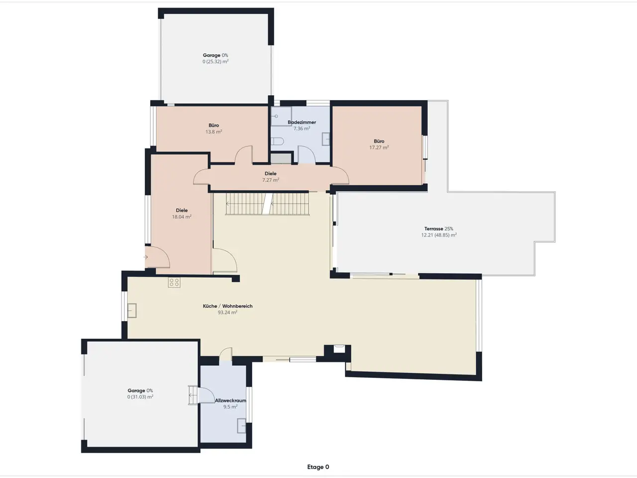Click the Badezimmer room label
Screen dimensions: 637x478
click(x=302, y=122)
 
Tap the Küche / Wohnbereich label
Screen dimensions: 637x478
click(x=227, y=306)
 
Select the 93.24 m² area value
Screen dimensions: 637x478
click(x=227, y=312)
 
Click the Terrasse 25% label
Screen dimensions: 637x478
click(x=438, y=229)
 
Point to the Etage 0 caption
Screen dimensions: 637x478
click(x=318, y=467)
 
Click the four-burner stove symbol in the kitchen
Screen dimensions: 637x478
click(x=174, y=283)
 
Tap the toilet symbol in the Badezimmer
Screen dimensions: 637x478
click(x=277, y=141)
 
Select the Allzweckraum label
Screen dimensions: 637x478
click(x=230, y=400)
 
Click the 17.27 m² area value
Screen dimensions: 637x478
click(x=379, y=147)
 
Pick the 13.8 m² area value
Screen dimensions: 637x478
click(x=214, y=132)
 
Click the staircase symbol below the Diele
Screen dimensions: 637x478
click(x=268, y=204)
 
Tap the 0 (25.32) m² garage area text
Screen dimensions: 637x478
click(x=215, y=62)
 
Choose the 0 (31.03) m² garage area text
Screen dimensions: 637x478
click(x=140, y=397)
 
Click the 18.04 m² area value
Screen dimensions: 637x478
click(x=182, y=217)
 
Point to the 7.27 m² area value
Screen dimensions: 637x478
click(x=271, y=180)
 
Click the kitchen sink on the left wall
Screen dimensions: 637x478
click(x=132, y=311)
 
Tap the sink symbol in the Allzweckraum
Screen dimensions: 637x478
click(x=241, y=426)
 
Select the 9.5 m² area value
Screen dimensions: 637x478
click(x=230, y=407)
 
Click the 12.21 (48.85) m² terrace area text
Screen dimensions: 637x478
click(x=439, y=235)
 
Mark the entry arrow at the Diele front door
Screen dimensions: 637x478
click(x=145, y=257)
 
